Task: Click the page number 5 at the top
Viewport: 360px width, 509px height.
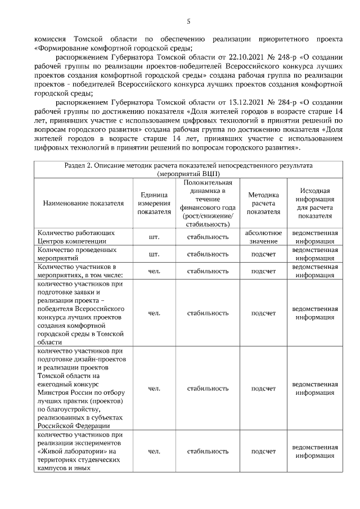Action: pyautogui.click(x=188, y=22)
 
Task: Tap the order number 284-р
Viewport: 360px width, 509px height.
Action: pyautogui.click(x=269, y=103)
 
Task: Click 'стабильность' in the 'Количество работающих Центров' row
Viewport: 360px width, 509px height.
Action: pyautogui.click(x=208, y=237)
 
